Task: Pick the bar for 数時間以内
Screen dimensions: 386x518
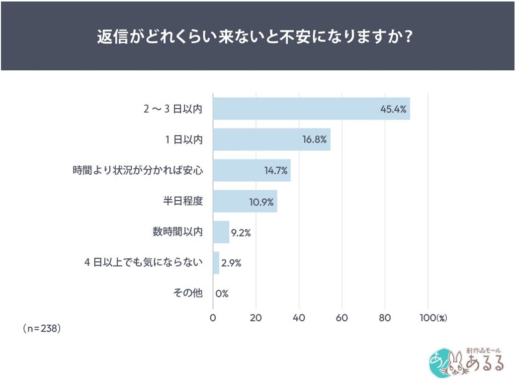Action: [221, 232]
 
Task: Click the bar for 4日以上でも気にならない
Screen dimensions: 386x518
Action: [216, 262]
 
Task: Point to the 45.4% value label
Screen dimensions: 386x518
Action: [392, 109]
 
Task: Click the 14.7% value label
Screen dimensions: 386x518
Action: [276, 170]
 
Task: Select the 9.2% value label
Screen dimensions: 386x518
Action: [241, 232]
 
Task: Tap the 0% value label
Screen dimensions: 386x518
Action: [222, 293]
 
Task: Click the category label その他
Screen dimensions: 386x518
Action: [188, 293]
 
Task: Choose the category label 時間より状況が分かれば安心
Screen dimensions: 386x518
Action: [138, 170]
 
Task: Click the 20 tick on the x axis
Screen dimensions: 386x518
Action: [256, 318]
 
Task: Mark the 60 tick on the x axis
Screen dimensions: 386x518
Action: [342, 318]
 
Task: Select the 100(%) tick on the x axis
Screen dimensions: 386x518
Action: [434, 318]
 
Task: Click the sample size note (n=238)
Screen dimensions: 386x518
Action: [41, 329]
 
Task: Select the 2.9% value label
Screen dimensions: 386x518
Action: [231, 262]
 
